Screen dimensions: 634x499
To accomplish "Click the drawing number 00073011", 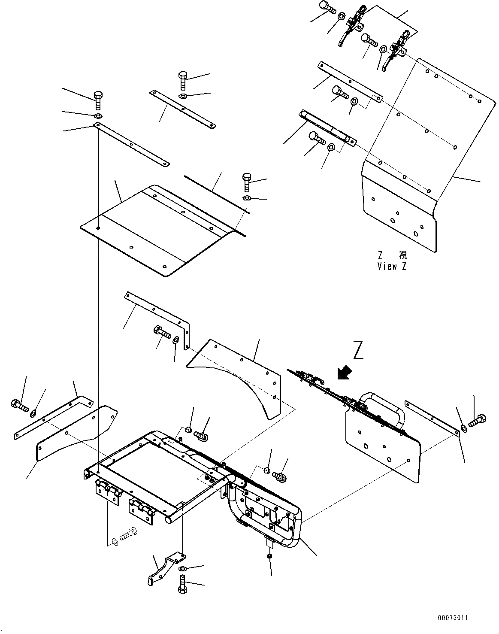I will [x=453, y=618].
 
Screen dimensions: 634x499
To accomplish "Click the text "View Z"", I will [x=392, y=266].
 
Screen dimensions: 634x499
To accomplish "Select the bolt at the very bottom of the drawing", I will [x=182, y=585].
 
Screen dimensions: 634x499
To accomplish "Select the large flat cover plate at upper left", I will [x=159, y=228].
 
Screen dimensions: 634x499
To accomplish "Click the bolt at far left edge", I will [x=19, y=405].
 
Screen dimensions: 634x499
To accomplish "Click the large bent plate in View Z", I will [x=412, y=163].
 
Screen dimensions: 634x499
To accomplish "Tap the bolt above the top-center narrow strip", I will [x=182, y=80].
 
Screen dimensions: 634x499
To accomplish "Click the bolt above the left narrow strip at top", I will [x=98, y=100].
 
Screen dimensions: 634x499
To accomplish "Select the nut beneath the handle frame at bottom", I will [x=269, y=556].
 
